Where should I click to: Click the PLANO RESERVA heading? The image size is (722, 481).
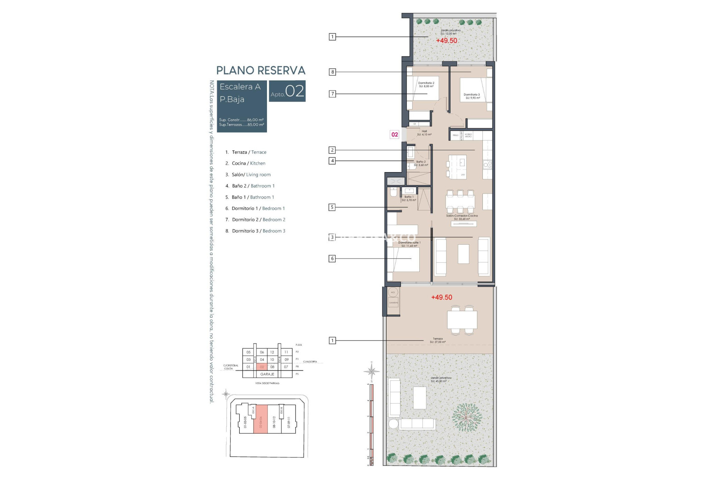pyautogui.click(x=261, y=70)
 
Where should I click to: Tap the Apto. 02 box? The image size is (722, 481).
pyautogui.click(x=287, y=91)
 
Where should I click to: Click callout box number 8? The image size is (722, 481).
pyautogui.click(x=332, y=72)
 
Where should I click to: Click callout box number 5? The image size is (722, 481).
pyautogui.click(x=332, y=207)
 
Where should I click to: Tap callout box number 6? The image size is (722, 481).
pyautogui.click(x=332, y=259)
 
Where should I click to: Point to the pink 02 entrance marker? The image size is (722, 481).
pyautogui.click(x=394, y=135)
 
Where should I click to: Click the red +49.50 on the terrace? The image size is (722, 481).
pyautogui.click(x=441, y=297)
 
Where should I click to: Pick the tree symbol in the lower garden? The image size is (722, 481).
pyautogui.click(x=466, y=417)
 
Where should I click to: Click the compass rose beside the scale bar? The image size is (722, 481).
pyautogui.click(x=372, y=372)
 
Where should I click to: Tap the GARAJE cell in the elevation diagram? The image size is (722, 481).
pyautogui.click(x=267, y=374)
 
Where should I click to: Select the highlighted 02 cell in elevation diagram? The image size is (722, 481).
pyautogui.click(x=262, y=367)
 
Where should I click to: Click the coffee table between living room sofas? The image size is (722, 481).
pyautogui.click(x=463, y=254)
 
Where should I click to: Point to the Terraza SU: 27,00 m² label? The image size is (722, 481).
pyautogui.click(x=438, y=340)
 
